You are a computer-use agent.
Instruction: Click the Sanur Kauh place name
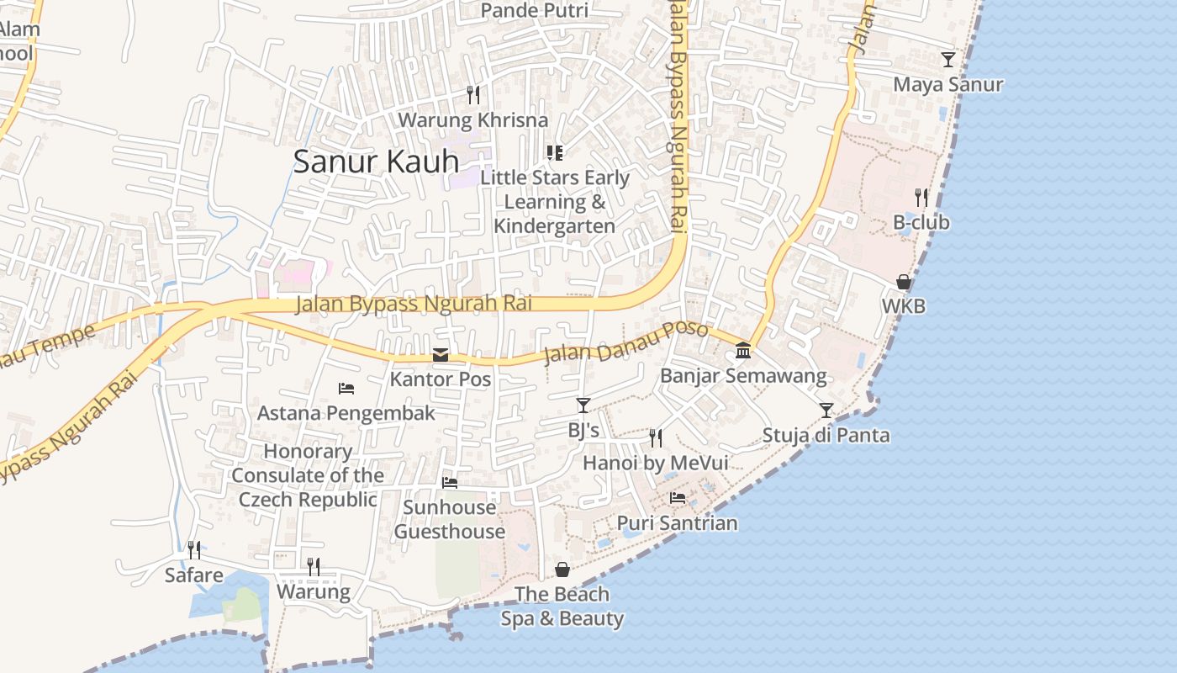pos(376,162)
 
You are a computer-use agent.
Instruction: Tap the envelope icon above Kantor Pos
pos(441,355)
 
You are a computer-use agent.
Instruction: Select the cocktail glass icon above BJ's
pos(583,405)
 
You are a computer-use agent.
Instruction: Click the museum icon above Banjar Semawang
pos(743,350)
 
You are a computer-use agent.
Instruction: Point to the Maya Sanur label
pos(947,85)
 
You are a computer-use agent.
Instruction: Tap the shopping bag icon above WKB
pos(904,282)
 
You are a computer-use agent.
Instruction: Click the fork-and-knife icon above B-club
pos(921,198)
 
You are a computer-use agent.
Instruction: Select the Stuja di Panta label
pos(825,436)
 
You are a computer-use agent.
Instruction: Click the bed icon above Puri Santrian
pos(678,498)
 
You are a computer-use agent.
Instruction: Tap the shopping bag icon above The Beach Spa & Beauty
pos(562,570)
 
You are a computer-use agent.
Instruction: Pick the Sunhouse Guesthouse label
pos(449,519)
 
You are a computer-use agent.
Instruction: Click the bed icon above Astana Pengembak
pos(346,389)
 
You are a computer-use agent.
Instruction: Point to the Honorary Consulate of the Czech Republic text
pos(308,475)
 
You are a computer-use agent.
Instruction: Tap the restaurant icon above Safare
pos(194,550)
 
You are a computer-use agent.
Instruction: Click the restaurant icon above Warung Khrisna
pos(473,94)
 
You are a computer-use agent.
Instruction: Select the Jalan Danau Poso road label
pos(625,342)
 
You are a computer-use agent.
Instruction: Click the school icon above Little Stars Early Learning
pos(554,152)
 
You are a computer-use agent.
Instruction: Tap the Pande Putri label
pos(534,11)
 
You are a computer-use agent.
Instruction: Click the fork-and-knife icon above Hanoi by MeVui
pos(656,437)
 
